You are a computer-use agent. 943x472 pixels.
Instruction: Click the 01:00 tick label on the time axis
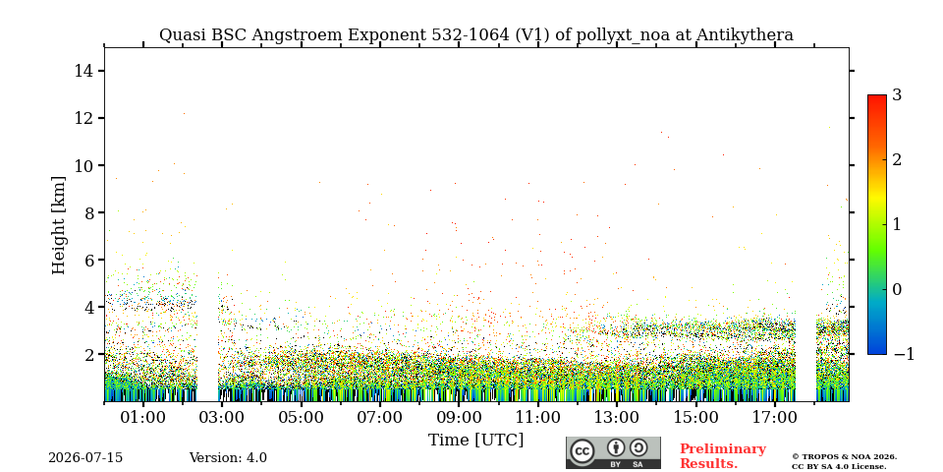pos(143,417)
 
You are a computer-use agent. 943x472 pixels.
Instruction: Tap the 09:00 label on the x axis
pos(459,417)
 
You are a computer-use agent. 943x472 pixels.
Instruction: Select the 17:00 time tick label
pos(775,417)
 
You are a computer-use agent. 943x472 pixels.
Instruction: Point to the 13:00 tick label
pos(617,417)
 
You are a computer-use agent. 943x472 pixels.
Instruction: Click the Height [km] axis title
pos(58,225)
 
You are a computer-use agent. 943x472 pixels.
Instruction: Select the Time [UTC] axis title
pos(475,441)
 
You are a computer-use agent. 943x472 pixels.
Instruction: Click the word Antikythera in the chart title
pos(745,35)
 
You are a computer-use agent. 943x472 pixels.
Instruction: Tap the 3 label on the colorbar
pos(897,95)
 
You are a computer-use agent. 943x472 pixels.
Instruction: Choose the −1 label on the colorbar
pos(904,355)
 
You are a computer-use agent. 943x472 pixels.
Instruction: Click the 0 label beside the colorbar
pos(897,289)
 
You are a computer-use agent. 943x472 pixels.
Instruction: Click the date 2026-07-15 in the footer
pos(85,458)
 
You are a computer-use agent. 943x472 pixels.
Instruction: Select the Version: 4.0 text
pos(228,458)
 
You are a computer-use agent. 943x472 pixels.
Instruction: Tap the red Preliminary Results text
pos(722,456)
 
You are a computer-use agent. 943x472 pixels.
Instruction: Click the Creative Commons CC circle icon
pos(582,451)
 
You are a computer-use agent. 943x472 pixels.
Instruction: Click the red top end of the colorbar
pos(877,96)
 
